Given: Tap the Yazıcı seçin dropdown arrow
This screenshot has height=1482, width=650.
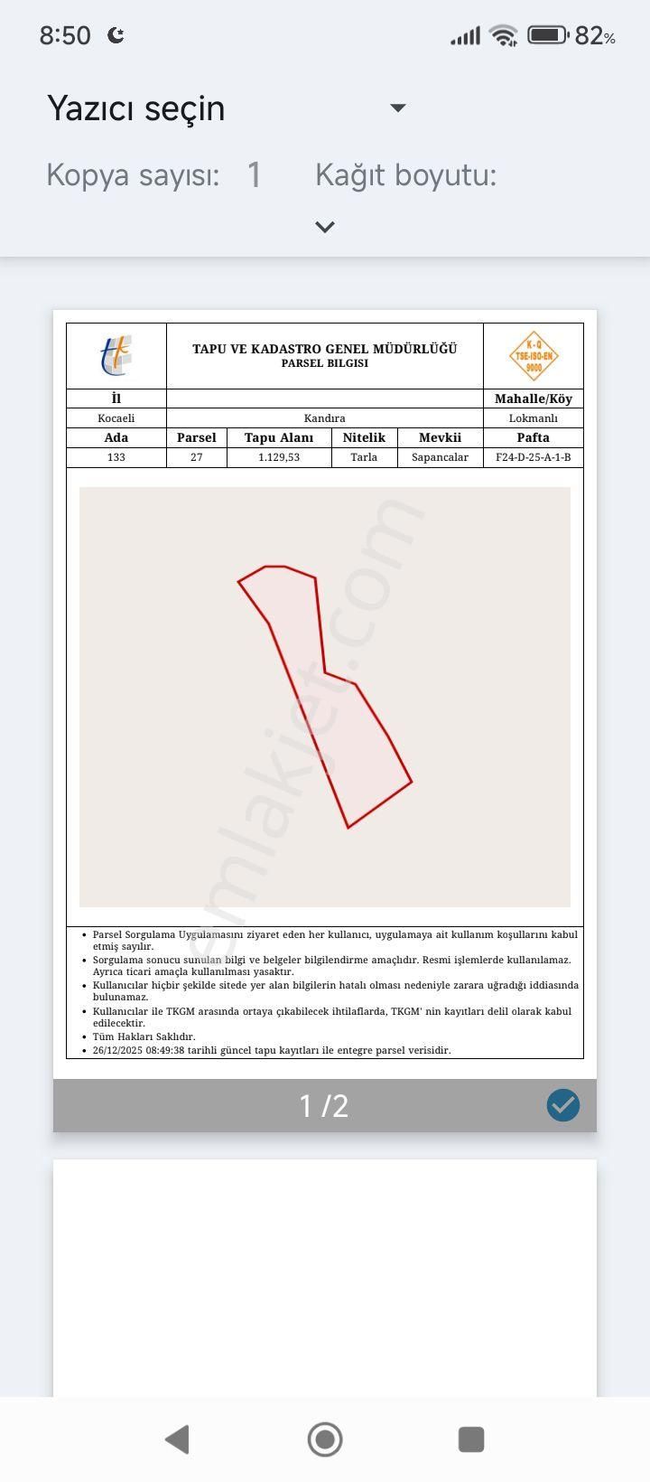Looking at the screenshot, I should coord(397,108).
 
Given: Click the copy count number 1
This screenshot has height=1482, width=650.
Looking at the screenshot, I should coord(254,174).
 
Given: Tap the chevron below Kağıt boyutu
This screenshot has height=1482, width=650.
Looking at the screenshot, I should coord(325,227).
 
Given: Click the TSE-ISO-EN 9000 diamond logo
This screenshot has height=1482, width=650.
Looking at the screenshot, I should coord(534,356).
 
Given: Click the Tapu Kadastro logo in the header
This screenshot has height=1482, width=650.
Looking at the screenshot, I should coord(116,355).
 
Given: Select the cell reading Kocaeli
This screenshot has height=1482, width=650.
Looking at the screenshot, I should coord(116,418).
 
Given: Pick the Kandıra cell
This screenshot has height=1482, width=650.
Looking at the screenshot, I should coord(325,418).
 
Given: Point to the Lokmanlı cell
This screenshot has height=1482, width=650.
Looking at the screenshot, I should coord(534,418).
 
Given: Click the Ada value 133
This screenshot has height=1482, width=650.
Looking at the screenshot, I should coord(116,457).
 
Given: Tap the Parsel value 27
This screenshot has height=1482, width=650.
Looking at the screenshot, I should coord(197,457).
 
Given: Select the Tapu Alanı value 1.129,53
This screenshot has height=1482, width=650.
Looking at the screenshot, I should coord(279,457).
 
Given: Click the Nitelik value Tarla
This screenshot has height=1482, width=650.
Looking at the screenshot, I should coord(364,457).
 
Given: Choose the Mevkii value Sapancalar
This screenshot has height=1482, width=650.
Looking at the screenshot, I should coord(440,457).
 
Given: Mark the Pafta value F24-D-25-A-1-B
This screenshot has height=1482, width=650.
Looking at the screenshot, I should coord(534,457).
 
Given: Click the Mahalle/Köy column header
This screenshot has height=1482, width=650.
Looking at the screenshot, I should coord(534,399).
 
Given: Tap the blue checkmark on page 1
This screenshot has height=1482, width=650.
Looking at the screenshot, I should coord(563,1105).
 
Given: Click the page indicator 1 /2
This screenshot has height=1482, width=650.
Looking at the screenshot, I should coord(324,1106).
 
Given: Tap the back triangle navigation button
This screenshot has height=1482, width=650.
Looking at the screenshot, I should coord(178,1439).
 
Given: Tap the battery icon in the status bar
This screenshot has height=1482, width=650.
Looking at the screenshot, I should coord(547,35).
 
